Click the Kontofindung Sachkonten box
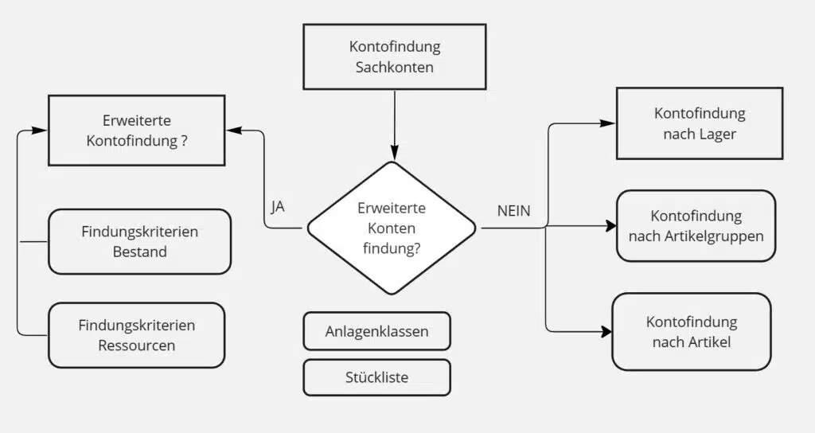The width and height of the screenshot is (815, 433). [x=393, y=57]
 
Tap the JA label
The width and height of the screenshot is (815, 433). [x=278, y=207]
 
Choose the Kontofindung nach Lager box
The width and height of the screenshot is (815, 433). [x=700, y=124]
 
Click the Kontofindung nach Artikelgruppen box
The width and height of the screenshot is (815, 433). [x=696, y=226]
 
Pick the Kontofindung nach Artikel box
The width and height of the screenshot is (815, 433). [x=691, y=332]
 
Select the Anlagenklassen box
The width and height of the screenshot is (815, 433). [x=376, y=331]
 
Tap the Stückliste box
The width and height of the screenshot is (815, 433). [x=376, y=377]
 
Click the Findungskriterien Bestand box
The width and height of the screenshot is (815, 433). [x=139, y=241]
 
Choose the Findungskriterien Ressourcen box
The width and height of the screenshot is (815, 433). [x=136, y=334]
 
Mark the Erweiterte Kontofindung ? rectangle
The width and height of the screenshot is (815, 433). [x=137, y=130]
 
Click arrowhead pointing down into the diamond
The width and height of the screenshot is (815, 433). [x=393, y=153]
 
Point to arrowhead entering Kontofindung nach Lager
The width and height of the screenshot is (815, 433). [x=608, y=123]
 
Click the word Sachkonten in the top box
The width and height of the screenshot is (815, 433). [x=394, y=67]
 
